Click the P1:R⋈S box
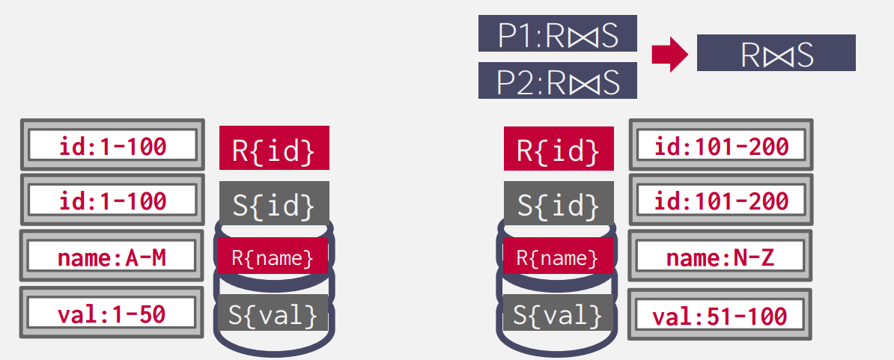[558, 34]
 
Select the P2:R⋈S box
[558, 81]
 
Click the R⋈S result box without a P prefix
[776, 53]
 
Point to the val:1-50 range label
[112, 314]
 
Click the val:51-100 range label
[720, 316]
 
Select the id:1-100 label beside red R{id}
[112, 146]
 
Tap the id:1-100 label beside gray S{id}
[112, 201]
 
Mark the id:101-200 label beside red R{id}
[720, 146]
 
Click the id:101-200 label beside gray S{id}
[720, 201]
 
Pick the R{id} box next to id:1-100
[274, 147]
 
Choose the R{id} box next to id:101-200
[559, 147]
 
